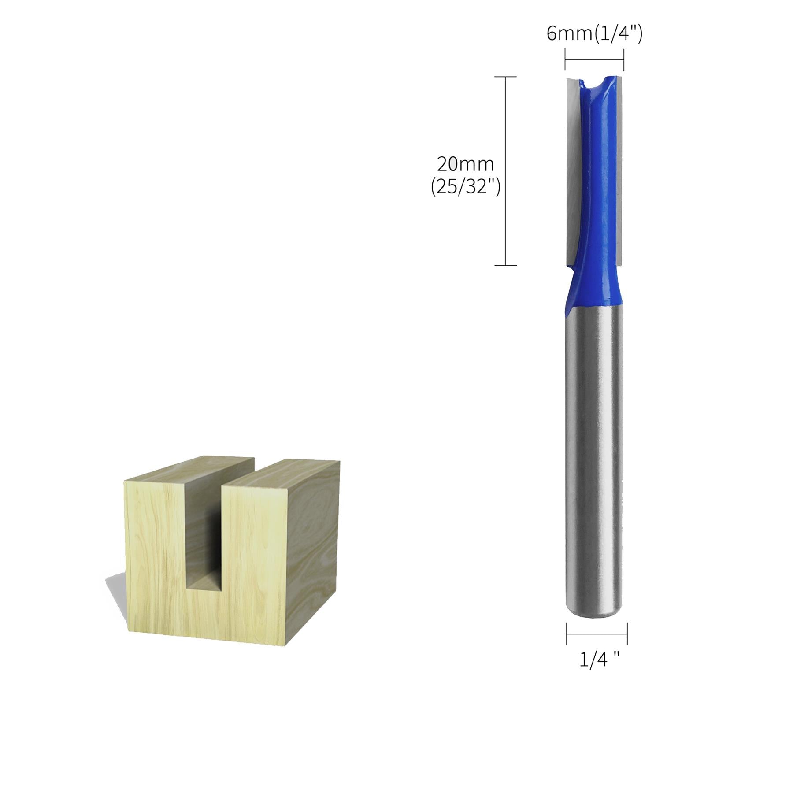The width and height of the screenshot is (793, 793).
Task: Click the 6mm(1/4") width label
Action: [x=594, y=34]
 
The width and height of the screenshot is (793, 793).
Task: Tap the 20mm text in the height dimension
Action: [x=465, y=165]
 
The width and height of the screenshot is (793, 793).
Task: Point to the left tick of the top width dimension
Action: [x=565, y=60]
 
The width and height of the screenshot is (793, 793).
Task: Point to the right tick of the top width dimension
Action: [x=624, y=60]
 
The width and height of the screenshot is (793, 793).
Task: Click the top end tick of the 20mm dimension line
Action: [x=505, y=77]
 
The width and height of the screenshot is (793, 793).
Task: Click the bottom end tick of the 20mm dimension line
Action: [x=505, y=265]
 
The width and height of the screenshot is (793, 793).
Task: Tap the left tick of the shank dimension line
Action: [x=567, y=634]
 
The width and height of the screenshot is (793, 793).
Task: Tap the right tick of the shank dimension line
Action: [x=627, y=634]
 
